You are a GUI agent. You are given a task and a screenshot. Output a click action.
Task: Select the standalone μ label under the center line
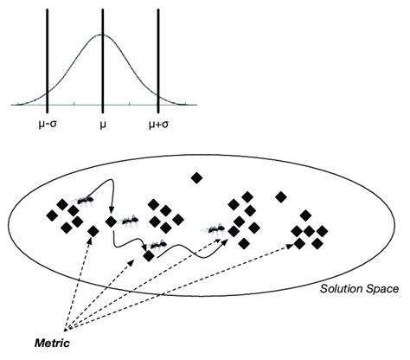[102, 124]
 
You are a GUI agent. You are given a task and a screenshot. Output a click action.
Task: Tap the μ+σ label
[158, 124]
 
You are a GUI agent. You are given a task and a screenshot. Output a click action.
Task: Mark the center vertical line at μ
[103, 69]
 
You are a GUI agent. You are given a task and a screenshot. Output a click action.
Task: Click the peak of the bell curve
[103, 35]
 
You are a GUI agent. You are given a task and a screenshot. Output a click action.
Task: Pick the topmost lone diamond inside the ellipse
[196, 177]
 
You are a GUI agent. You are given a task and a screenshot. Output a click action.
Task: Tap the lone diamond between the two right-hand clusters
[280, 196]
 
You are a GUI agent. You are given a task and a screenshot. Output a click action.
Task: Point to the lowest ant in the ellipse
[157, 246]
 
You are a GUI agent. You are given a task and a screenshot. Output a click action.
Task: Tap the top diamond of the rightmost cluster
[304, 215]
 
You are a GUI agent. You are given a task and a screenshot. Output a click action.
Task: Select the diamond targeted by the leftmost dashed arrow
[93, 230]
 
